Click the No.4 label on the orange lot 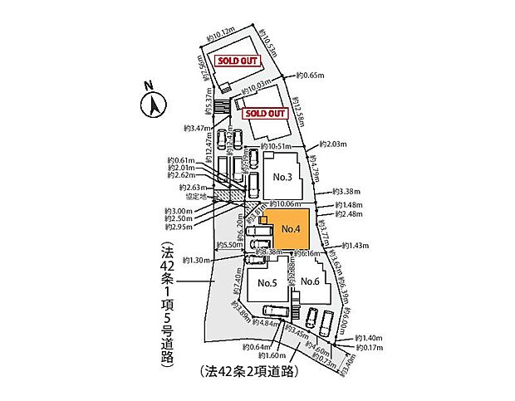pyautogui.click(x=290, y=228)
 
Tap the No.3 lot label pyautogui.click(x=282, y=177)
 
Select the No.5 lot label pyautogui.click(x=267, y=282)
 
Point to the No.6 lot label pyautogui.click(x=311, y=281)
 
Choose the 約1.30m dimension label pyautogui.click(x=196, y=259)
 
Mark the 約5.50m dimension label pyautogui.click(x=229, y=245)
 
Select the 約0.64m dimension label pyautogui.click(x=257, y=346)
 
